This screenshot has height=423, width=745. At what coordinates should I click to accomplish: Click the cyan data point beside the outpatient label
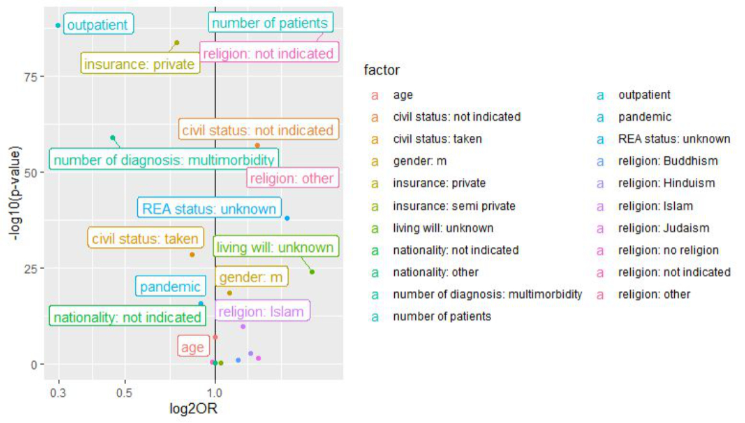coord(58,25)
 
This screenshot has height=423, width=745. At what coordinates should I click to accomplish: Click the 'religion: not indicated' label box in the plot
coord(268,53)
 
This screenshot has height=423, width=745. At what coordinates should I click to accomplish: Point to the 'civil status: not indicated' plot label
coord(258,130)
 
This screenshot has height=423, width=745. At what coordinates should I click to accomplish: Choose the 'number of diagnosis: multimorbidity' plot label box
coord(164,160)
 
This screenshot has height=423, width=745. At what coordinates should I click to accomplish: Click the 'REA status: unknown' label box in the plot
coord(209,208)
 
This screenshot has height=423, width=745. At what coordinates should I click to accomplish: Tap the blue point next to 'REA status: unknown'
coord(287,218)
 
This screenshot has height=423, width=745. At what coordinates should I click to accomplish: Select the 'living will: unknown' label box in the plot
coord(275,247)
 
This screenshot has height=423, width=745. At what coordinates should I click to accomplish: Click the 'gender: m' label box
coord(251,277)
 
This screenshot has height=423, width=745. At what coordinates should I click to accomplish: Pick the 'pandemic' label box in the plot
coord(170,287)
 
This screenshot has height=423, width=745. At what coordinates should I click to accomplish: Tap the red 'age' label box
coord(192,347)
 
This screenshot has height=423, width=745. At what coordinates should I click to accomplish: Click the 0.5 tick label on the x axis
coord(125,393)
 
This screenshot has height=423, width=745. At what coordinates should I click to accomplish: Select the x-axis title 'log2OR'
coord(193,409)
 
